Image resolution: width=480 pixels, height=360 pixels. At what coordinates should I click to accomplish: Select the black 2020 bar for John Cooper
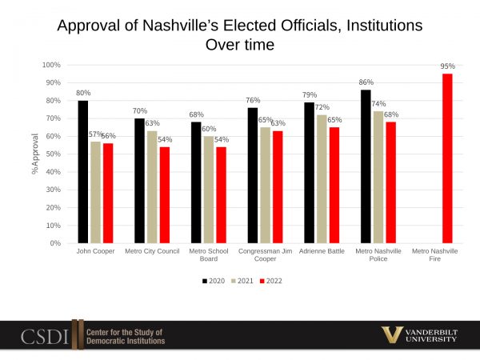point(83,171)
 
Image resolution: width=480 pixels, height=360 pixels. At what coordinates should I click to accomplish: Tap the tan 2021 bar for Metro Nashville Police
point(378,177)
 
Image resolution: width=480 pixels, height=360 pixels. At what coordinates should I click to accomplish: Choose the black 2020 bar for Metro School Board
point(196,182)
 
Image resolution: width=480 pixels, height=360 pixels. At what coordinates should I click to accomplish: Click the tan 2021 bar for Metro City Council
point(152,186)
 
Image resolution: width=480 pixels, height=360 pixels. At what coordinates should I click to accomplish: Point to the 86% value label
point(366,82)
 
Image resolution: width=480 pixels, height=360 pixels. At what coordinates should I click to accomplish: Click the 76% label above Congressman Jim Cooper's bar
point(253,100)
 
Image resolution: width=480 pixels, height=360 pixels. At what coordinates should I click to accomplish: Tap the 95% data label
point(447,66)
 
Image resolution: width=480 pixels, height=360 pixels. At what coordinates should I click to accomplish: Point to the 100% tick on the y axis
point(52,65)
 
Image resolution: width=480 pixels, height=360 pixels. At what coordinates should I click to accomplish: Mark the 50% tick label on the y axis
point(54,154)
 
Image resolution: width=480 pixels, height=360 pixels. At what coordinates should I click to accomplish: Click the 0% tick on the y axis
point(56,243)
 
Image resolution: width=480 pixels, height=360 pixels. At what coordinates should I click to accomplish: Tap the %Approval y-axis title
point(36,154)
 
